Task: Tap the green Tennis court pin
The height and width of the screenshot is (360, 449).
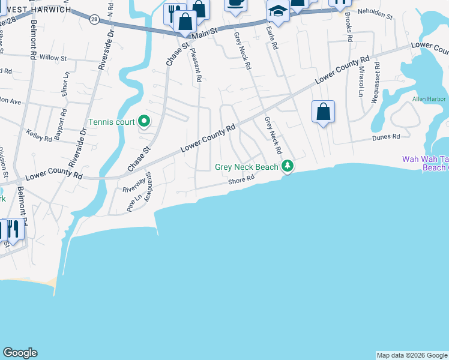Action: [x=144, y=122]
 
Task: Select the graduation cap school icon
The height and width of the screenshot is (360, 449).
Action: [x=278, y=11]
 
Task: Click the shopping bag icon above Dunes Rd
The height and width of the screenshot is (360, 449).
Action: [x=323, y=112]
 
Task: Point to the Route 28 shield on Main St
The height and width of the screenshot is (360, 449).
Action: [x=94, y=19]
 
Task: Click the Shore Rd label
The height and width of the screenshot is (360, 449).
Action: [x=242, y=179]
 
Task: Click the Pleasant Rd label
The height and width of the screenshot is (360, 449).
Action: [x=196, y=66]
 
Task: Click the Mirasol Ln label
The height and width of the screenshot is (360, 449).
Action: [x=361, y=82]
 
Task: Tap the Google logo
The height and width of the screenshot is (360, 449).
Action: [x=20, y=353]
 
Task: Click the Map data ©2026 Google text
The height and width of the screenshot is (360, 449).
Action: [x=411, y=355]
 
